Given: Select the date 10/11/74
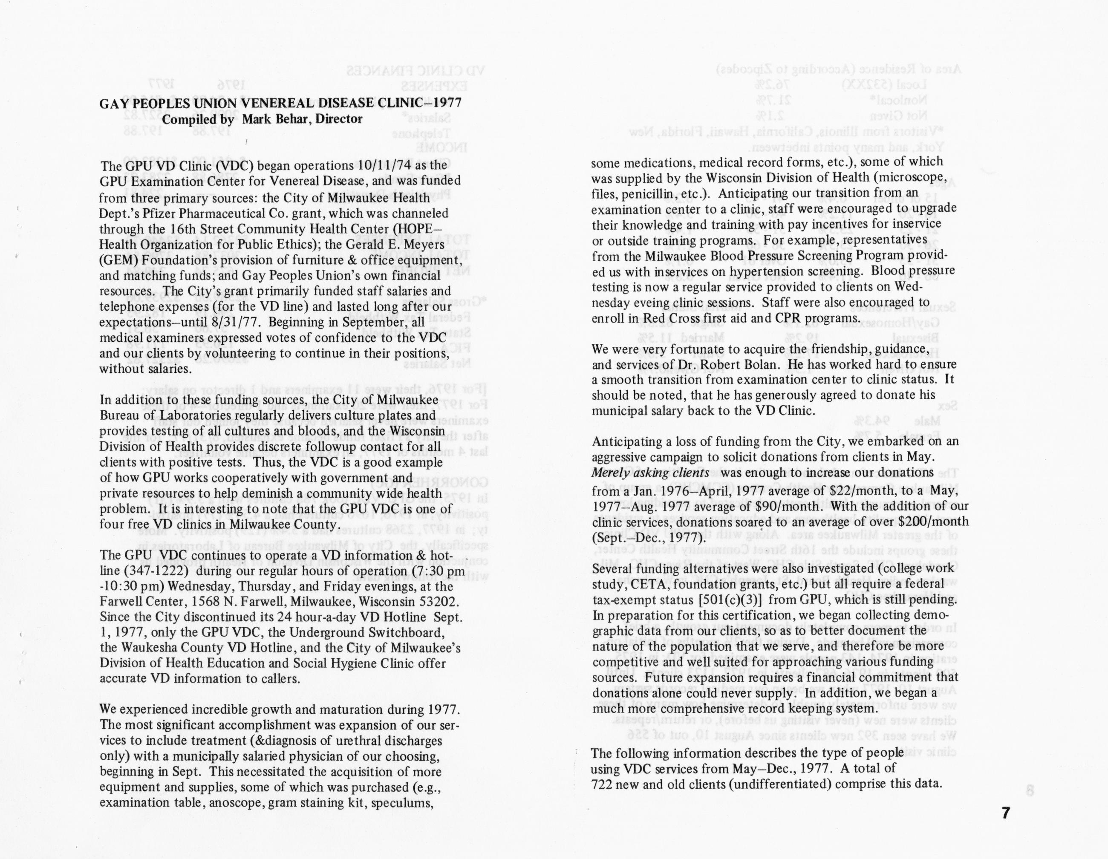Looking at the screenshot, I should pyautogui.click(x=385, y=166).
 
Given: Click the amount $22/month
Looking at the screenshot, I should pyautogui.click(x=855, y=490).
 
